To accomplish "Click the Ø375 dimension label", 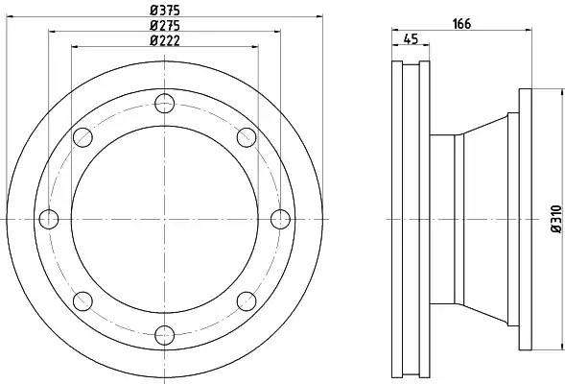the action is [x=165, y=10].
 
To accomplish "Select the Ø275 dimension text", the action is [x=165, y=25].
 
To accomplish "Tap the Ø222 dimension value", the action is [x=165, y=40].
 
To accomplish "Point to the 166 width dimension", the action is [x=461, y=24].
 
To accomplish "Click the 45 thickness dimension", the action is [x=411, y=38].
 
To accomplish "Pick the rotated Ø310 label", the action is [x=556, y=219].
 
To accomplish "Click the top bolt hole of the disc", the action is [x=165, y=103].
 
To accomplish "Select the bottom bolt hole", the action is [x=165, y=335].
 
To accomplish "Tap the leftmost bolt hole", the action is [x=49, y=219].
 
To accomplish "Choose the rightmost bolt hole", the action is [x=280, y=219].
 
